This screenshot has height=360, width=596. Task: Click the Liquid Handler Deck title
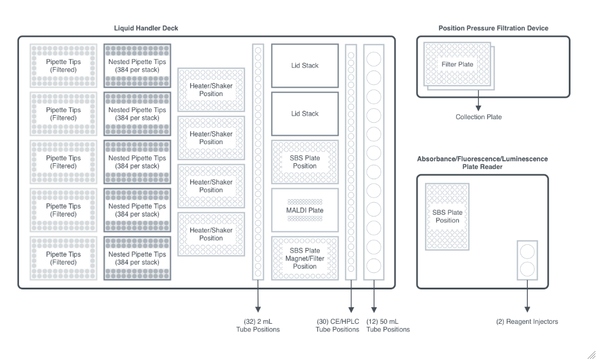(146, 28)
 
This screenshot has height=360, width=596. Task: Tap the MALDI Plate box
(304, 211)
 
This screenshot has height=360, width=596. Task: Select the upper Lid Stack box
(304, 66)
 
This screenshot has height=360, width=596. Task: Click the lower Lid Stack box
(304, 113)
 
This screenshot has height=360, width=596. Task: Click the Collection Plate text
(478, 117)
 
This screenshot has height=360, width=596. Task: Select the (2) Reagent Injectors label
(527, 322)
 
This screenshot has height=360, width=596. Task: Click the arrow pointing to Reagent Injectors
(527, 300)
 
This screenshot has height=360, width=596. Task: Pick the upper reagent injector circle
(527, 251)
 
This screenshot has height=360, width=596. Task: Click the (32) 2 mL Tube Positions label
(259, 326)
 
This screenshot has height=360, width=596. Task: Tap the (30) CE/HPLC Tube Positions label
(337, 326)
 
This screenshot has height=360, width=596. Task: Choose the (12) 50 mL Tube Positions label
(388, 326)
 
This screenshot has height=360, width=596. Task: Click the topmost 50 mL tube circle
(374, 59)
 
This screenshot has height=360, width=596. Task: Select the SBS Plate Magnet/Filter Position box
(304, 258)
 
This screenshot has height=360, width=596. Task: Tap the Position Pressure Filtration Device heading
(493, 28)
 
